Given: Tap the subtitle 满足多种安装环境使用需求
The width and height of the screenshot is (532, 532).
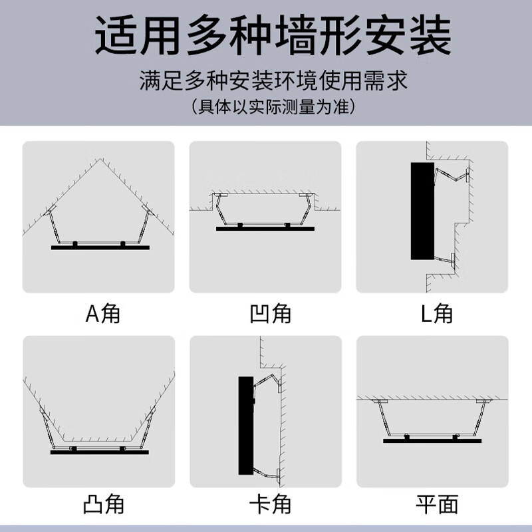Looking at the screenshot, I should point(266,82).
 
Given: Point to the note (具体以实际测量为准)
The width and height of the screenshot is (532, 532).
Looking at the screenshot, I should point(266,106).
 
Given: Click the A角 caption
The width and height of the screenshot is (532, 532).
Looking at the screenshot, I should point(100,312).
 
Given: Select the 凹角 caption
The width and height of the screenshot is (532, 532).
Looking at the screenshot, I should point(266,312).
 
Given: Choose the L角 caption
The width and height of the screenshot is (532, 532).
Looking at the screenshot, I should point(432,312).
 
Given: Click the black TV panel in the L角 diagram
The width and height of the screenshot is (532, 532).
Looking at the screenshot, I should point(422,211).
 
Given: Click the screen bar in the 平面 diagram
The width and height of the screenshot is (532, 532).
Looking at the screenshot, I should point(432,440).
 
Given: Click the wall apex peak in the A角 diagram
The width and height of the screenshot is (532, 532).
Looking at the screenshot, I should point(100,160).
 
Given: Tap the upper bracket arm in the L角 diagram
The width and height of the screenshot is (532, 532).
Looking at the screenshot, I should point(452,175).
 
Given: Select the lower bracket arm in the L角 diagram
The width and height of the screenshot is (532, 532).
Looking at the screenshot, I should point(444,258).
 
